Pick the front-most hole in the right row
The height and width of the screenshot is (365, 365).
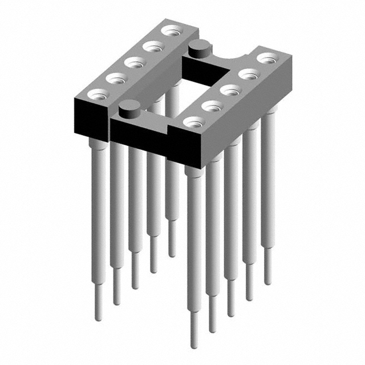pos(194,121)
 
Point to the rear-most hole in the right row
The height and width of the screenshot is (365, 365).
pos(266,58)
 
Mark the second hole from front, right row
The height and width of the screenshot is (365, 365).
pos(212,105)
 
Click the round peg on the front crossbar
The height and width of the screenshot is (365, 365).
pos(129,107)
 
